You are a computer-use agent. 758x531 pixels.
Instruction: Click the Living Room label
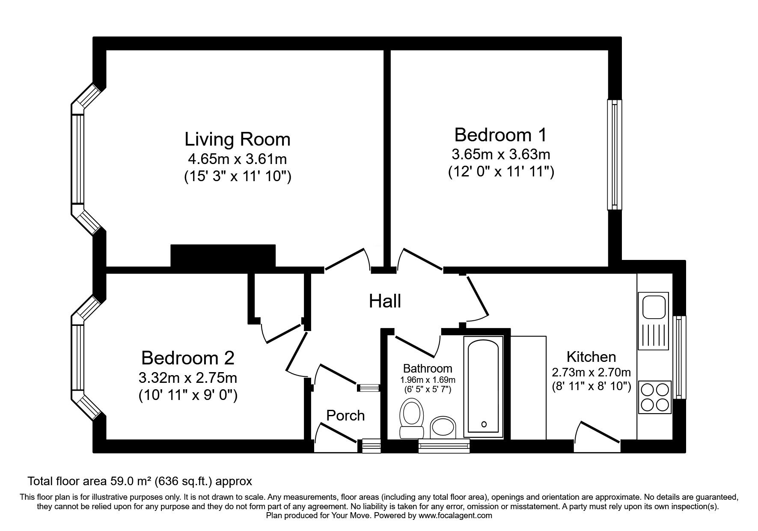(237, 140)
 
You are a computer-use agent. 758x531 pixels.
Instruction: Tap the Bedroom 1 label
(500, 135)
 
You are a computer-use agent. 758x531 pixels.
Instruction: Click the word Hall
(385, 301)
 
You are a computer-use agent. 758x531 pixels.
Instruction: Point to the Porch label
(345, 415)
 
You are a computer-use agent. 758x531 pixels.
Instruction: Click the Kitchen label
(591, 357)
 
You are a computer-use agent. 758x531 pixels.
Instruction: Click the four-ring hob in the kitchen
(654, 397)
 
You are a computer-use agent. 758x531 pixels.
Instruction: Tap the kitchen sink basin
(652, 306)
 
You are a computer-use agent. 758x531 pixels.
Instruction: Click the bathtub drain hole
(484, 424)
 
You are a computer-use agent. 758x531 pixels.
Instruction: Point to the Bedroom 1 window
(614, 155)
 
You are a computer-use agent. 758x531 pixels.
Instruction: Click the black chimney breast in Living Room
(223, 256)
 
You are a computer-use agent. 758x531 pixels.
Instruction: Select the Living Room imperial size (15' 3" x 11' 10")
(238, 176)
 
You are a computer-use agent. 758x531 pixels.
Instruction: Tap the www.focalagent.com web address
(455, 516)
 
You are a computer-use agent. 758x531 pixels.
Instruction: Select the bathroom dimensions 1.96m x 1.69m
(428, 380)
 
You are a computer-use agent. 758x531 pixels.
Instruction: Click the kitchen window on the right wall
(679, 357)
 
